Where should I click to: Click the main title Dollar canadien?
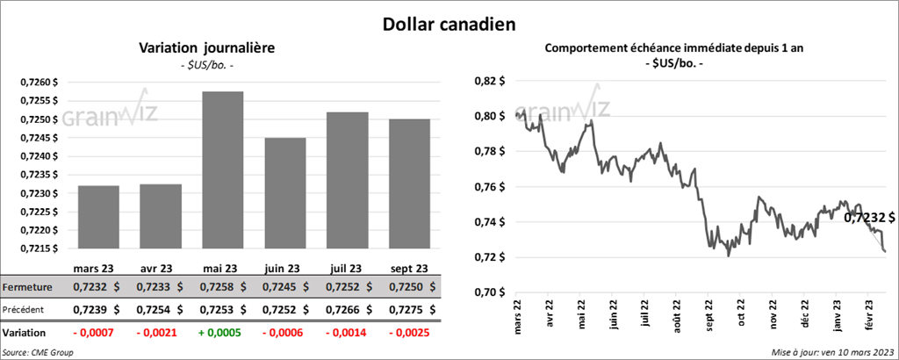[x=449, y=24]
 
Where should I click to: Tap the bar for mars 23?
[x=98, y=217]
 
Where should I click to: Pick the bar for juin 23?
[x=285, y=193]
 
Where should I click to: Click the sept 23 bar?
[x=409, y=184]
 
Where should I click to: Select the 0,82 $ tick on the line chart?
[x=490, y=81]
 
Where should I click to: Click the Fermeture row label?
[x=27, y=287]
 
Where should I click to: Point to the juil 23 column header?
[x=347, y=268]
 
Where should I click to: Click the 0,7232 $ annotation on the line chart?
[x=869, y=217]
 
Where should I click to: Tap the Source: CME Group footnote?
[x=38, y=352]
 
